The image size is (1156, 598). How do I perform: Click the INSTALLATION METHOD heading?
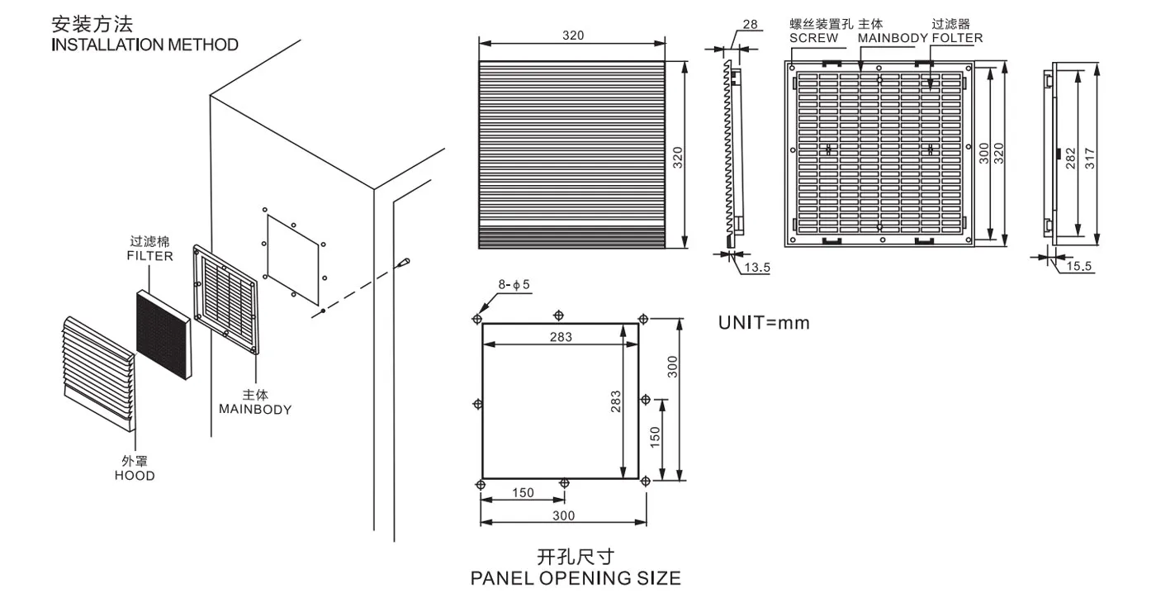144,45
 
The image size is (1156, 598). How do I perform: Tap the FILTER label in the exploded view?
149,256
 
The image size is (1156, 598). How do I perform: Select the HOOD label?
135,476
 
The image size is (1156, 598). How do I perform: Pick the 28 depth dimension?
750,25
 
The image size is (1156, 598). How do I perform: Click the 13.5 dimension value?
757,268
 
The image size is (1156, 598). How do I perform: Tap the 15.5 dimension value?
1078,266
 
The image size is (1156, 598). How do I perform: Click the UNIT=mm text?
764,323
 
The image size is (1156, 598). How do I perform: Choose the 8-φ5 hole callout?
514,285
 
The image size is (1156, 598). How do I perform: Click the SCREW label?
813,37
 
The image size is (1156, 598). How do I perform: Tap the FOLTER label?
957,37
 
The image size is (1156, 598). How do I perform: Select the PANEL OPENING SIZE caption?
576,577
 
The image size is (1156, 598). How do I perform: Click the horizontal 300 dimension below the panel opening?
562,515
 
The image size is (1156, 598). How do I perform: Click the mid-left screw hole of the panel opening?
477,403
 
